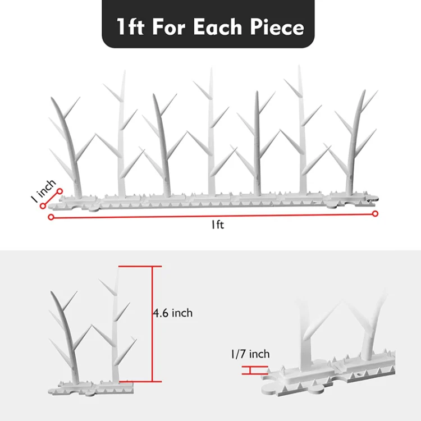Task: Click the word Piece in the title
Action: [x=277, y=27]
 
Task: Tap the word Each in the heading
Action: [x=217, y=27]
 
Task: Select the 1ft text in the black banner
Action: [x=131, y=27]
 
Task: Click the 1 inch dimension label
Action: [x=43, y=191]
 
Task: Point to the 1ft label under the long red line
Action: [x=217, y=225]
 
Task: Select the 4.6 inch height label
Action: [x=173, y=313]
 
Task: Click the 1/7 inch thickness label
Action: [x=250, y=354]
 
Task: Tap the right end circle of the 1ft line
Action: [x=375, y=214]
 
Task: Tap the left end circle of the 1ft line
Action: [x=51, y=217]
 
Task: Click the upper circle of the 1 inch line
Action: [x=60, y=191]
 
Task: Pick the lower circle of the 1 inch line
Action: [x=43, y=206]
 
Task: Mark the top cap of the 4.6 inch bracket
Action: [x=140, y=266]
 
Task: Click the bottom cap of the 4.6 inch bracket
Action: [x=140, y=381]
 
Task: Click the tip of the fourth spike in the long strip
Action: [x=211, y=68]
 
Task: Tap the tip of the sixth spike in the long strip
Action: [x=299, y=65]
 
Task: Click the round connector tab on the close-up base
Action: [x=271, y=388]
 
